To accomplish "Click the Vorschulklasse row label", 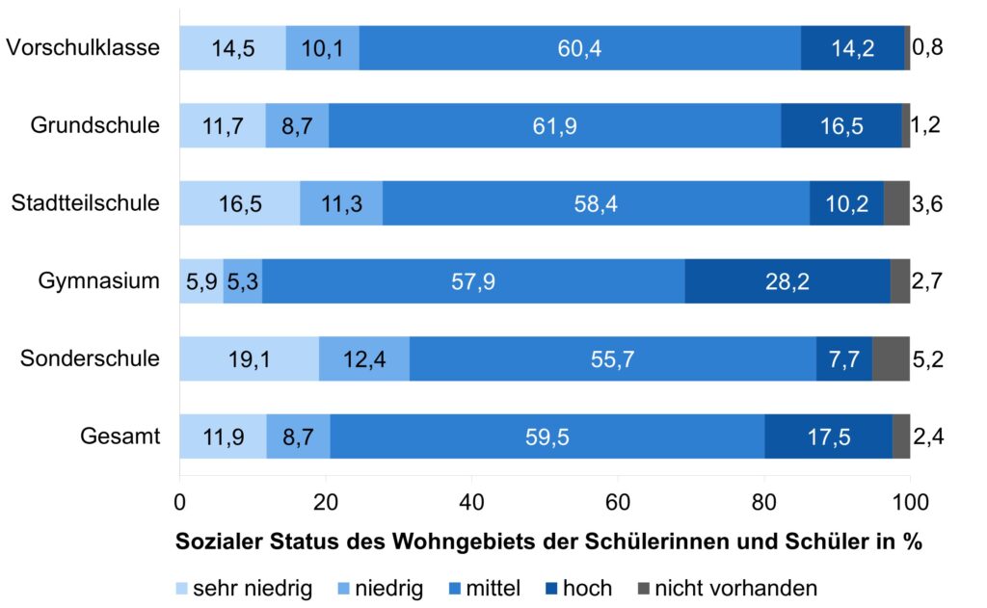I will click(83, 48).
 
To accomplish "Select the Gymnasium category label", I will click(99, 281).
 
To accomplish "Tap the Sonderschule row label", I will click(91, 359).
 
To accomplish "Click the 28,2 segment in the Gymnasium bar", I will click(787, 281).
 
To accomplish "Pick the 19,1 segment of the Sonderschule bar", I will click(249, 359).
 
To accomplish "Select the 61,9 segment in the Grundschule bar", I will click(554, 126).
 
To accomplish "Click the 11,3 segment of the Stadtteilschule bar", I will click(341, 203).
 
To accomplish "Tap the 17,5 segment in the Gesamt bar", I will click(828, 437).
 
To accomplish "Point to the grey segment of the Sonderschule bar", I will click(891, 359).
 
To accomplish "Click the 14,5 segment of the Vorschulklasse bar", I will click(232, 48).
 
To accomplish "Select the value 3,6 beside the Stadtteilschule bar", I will click(928, 203).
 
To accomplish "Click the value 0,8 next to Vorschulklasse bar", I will click(928, 48).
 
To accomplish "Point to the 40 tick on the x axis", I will click(471, 502).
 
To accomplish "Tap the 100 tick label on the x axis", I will click(910, 502).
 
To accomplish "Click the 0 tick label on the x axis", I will click(179, 502).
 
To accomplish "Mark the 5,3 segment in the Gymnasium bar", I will click(243, 281).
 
